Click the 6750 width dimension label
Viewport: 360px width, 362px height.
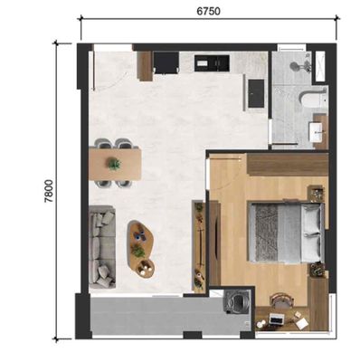tap(209, 11)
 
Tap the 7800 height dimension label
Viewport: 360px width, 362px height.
tap(49, 191)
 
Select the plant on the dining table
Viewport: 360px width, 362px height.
tap(114, 164)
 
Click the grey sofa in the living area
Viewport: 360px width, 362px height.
tap(102, 247)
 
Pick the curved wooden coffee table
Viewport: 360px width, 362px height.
tap(140, 249)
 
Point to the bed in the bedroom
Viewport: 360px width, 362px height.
tap(287, 232)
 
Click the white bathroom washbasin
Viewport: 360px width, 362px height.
tap(317, 132)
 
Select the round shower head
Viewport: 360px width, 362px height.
tap(295, 66)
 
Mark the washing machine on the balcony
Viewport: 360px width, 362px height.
tap(238, 302)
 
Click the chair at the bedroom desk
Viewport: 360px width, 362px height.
tap(282, 300)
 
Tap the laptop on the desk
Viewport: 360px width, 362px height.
tap(276, 319)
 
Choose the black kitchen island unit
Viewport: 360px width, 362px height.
tap(256, 93)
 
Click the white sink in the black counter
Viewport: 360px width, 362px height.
tap(202, 63)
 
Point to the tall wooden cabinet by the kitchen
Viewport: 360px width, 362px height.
tap(145, 66)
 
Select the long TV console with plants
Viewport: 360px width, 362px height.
tap(199, 246)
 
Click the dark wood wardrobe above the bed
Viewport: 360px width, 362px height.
tap(288, 165)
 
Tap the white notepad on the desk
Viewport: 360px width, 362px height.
tap(302, 323)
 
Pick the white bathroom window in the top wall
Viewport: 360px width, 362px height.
tap(291, 47)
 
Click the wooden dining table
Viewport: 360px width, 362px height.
tap(115, 165)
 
